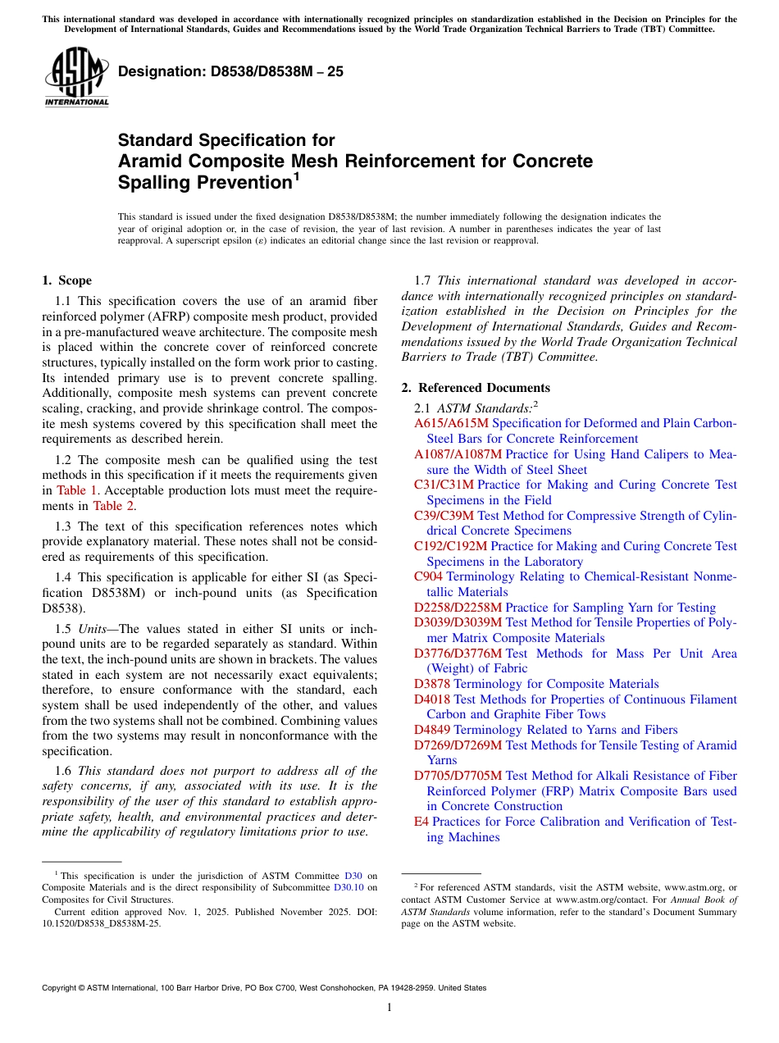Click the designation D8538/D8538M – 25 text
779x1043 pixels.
pyautogui.click(x=230, y=72)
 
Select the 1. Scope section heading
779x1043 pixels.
pyautogui.click(x=66, y=280)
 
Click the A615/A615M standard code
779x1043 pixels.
pyautogui.click(x=451, y=423)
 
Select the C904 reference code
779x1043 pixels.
pyautogui.click(x=428, y=576)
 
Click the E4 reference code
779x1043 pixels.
pyautogui.click(x=421, y=822)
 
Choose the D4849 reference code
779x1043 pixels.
pyautogui.click(x=432, y=730)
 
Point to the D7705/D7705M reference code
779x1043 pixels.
pyautogui.click(x=458, y=776)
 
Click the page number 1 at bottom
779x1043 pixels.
pyautogui.click(x=389, y=1008)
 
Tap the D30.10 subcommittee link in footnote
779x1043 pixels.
pyautogui.click(x=348, y=887)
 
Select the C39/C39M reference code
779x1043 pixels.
pyautogui.click(x=444, y=516)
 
